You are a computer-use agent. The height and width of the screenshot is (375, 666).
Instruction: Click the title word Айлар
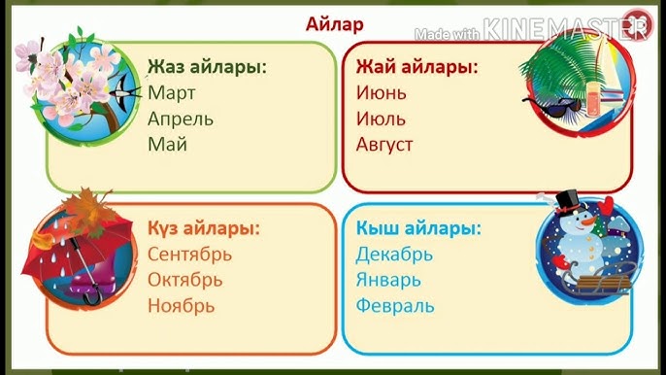(333, 23)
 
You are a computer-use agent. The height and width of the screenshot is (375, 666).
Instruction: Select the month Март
(172, 93)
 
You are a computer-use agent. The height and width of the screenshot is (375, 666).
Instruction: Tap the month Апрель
(181, 119)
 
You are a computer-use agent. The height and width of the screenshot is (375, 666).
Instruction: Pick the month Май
(167, 145)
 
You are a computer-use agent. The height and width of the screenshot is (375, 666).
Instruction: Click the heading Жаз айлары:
(207, 68)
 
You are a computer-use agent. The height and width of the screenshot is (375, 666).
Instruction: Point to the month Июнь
(381, 93)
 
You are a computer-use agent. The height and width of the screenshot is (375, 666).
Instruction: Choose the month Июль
(381, 119)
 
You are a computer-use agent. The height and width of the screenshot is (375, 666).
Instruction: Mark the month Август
(384, 145)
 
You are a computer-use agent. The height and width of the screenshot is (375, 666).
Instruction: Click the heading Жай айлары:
(416, 68)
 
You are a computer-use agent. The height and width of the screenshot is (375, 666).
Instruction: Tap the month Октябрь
(184, 280)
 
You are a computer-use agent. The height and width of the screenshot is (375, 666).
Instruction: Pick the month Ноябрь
(181, 305)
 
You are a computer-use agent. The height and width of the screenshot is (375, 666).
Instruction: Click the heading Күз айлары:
(204, 229)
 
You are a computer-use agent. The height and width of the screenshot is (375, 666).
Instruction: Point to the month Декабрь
(394, 255)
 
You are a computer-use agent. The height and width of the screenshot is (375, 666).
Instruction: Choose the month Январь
(388, 280)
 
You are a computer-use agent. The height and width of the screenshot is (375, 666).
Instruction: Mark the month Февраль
(394, 305)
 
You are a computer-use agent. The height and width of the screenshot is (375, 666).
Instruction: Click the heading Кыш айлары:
(418, 229)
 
